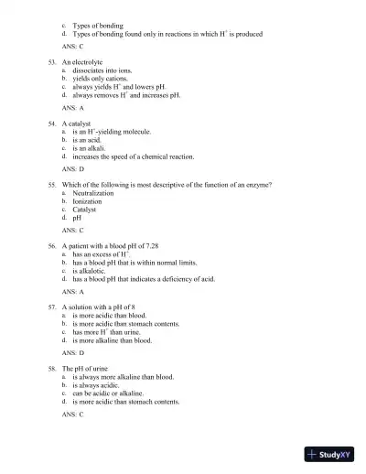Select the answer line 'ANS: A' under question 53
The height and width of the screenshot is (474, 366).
pos(73,107)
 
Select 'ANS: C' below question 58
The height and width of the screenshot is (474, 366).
pos(73,415)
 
